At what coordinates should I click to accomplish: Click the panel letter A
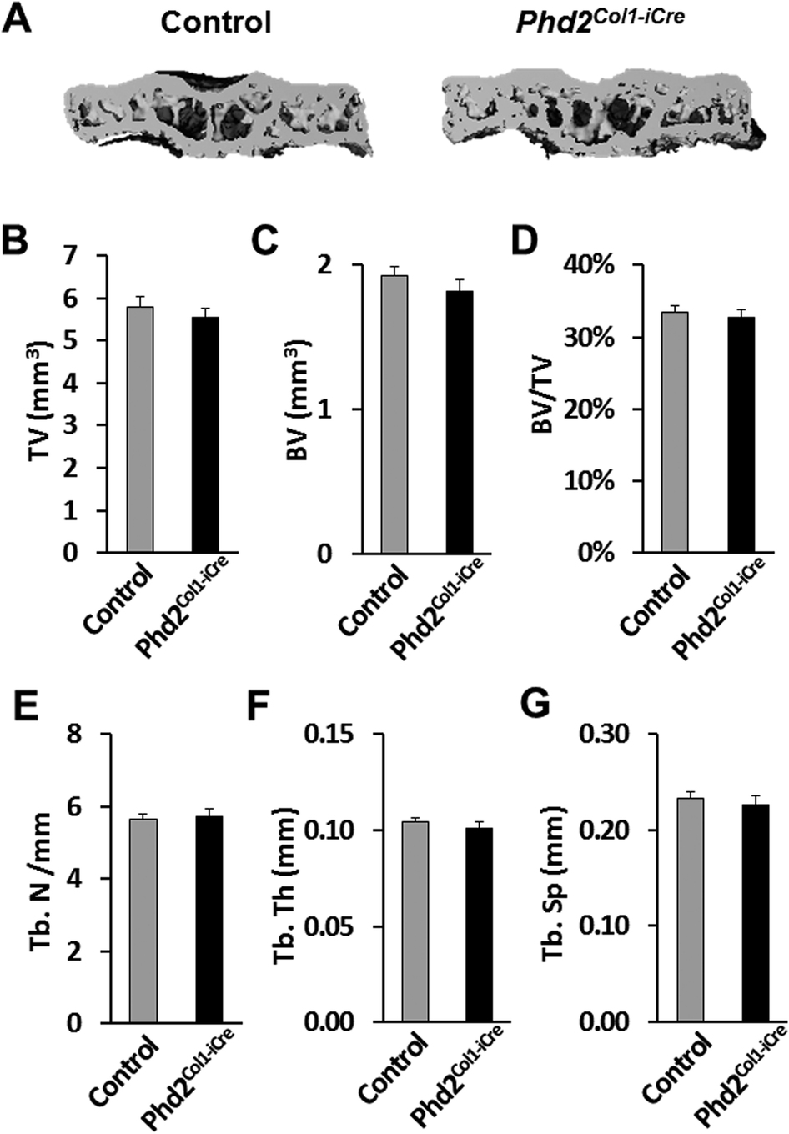[x=18, y=18]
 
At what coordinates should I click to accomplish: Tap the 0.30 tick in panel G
[x=613, y=734]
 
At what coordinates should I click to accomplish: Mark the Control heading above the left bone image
[x=216, y=23]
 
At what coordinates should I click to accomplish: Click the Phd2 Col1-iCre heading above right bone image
[x=600, y=20]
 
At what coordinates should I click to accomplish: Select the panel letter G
[x=534, y=705]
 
